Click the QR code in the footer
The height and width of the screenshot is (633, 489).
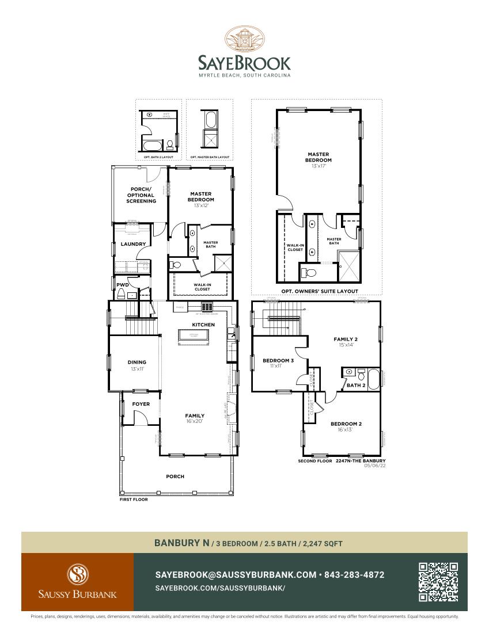pos(438,582)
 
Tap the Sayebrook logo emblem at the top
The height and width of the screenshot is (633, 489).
pos(244,39)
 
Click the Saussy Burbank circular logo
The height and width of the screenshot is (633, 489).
pos(77,574)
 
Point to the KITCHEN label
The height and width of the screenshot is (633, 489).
pos(203,325)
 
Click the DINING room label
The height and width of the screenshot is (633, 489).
pos(137,363)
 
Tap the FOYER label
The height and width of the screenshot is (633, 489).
pos(141,404)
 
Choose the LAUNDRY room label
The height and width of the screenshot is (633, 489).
pos(132,244)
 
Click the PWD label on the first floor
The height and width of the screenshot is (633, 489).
pos(123,284)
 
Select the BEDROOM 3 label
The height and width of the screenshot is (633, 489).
pos(278,361)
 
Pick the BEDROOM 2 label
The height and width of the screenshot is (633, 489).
pos(346,424)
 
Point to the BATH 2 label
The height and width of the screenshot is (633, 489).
pos(356,385)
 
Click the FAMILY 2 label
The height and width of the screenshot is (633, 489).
pos(346,340)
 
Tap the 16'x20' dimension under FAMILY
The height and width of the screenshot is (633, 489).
pos(195,421)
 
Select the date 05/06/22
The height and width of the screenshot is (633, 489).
pos(374,466)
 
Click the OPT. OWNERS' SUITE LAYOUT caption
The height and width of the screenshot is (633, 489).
pos(320,291)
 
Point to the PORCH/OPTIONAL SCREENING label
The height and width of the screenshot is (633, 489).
pos(141,195)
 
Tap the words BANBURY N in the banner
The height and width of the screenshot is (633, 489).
pos(181,543)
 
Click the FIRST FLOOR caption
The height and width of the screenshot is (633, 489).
pos(134,499)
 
